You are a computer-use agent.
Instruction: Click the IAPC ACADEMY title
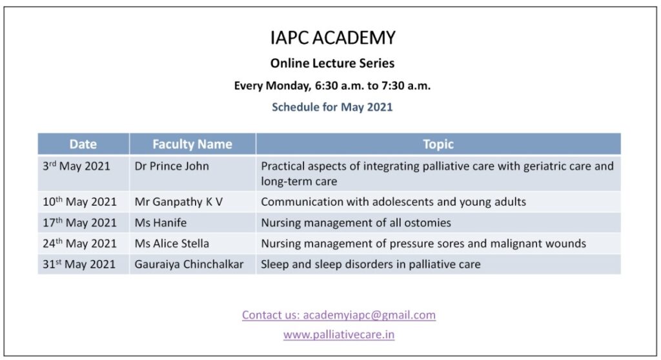pos(332,37)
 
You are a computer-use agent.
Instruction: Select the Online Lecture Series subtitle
pos(332,63)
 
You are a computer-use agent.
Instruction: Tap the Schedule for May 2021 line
pos(332,107)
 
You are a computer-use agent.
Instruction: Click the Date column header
pos(83,144)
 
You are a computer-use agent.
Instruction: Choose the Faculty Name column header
pos(192,144)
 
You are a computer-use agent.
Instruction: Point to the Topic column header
pos(438,144)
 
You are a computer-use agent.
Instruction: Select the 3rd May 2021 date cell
pos(76,166)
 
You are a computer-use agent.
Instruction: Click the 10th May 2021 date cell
pos(79,201)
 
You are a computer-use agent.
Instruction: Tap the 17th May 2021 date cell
pos(79,223)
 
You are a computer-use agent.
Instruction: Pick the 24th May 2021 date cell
pos(79,243)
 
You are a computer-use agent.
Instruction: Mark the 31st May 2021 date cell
pos(79,265)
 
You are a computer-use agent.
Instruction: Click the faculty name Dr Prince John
pos(172,166)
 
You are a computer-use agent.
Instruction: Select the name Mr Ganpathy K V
pos(178,202)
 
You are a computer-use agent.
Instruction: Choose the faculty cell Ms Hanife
pos(161,223)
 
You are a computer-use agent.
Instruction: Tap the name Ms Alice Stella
pos(172,243)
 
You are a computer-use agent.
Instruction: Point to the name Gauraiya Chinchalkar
pos(189,265)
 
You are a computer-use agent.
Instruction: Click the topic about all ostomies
pos(356,223)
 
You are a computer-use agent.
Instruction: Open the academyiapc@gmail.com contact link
pos(339,315)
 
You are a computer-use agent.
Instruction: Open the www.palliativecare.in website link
pos(339,335)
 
